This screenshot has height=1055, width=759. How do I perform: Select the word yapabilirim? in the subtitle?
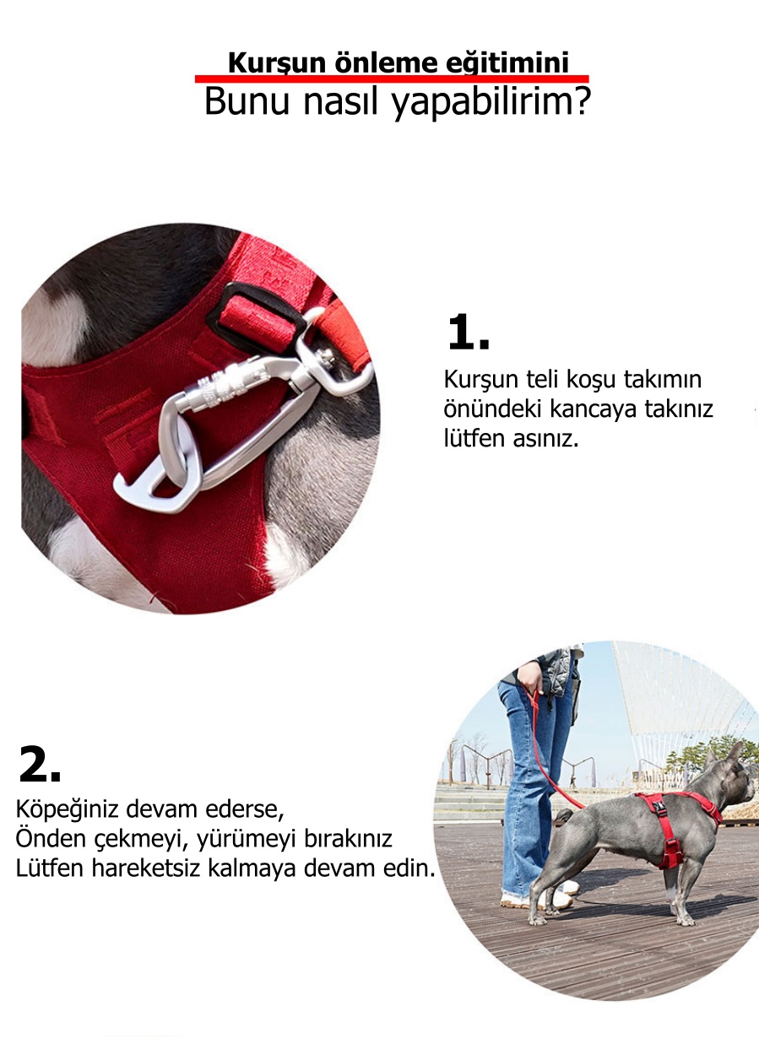click(x=491, y=102)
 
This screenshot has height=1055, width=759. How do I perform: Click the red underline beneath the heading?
click(x=392, y=79)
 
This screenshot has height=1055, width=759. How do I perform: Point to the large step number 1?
click(x=469, y=333)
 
